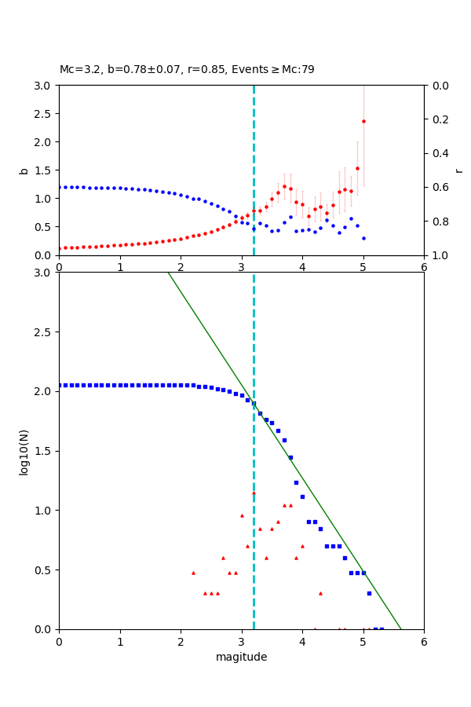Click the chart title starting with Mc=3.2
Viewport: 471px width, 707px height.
(187, 70)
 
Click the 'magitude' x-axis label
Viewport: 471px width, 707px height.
(241, 657)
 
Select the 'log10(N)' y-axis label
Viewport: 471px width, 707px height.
(24, 451)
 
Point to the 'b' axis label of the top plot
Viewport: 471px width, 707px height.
(24, 170)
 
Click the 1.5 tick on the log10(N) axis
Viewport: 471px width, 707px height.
(45, 451)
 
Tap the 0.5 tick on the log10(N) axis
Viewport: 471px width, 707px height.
(45, 570)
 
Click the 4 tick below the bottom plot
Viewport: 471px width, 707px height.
(302, 643)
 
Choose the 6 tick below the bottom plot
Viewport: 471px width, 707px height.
(424, 643)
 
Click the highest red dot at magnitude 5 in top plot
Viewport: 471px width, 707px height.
(363, 121)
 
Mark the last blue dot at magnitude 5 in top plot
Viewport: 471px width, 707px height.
(363, 238)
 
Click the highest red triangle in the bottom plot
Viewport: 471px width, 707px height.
(254, 493)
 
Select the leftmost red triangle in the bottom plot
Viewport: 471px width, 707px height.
(193, 573)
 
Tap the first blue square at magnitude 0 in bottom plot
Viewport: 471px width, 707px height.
(60, 385)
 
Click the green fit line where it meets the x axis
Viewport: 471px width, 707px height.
(401, 628)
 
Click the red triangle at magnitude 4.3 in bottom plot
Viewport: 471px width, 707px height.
(320, 593)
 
